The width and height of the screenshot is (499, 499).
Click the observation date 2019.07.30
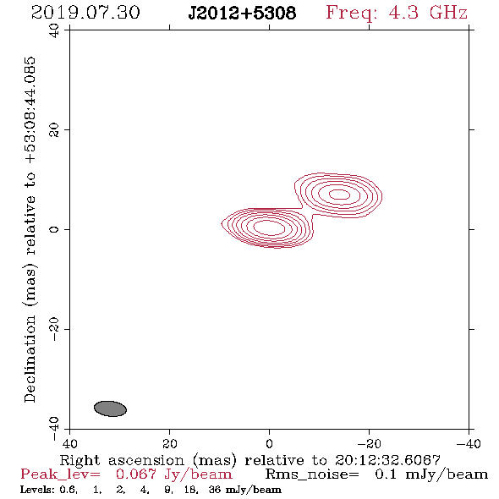pyautogui.click(x=85, y=13)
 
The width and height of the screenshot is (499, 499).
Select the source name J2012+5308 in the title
pyautogui.click(x=242, y=14)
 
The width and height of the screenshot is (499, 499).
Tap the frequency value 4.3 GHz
pyautogui.click(x=428, y=13)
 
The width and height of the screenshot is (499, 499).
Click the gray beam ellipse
pyautogui.click(x=110, y=409)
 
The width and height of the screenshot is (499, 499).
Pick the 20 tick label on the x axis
pyautogui.click(x=169, y=443)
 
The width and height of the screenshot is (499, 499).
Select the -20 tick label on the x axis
pyautogui.click(x=369, y=443)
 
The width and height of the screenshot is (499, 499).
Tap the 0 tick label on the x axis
pyautogui.click(x=269, y=443)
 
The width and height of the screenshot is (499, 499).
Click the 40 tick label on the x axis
pyautogui.click(x=69, y=443)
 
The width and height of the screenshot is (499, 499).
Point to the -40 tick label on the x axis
pyautogui.click(x=469, y=443)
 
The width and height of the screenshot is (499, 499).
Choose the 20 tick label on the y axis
pyautogui.click(x=54, y=129)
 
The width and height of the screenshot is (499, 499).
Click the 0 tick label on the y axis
pyautogui.click(x=54, y=229)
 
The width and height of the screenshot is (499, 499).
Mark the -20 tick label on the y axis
pyautogui.click(x=54, y=329)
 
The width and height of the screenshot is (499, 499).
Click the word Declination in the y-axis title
pyautogui.click(x=30, y=359)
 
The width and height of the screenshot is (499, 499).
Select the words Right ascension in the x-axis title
pyautogui.click(x=122, y=460)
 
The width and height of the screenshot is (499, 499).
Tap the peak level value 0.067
pyautogui.click(x=136, y=474)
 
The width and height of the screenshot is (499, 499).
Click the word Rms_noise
pyautogui.click(x=312, y=474)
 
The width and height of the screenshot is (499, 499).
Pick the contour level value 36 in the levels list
pyautogui.click(x=215, y=489)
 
